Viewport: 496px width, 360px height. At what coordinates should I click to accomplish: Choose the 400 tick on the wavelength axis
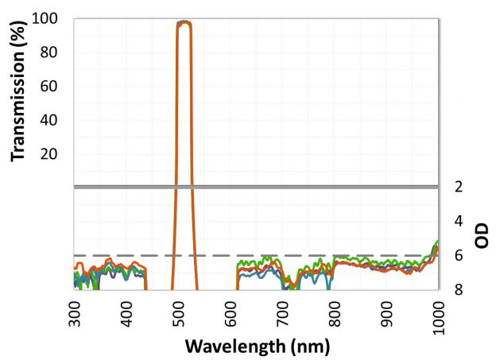128,313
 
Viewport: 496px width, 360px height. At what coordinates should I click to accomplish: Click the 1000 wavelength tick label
438,317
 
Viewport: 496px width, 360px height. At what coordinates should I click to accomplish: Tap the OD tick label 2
459,188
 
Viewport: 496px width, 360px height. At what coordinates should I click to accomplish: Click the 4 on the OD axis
459,222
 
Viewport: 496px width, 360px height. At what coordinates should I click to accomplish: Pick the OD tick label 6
459,256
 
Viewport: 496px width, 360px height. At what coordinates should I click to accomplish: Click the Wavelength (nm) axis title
258,347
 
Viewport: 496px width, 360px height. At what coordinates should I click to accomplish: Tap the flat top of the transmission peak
184,22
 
